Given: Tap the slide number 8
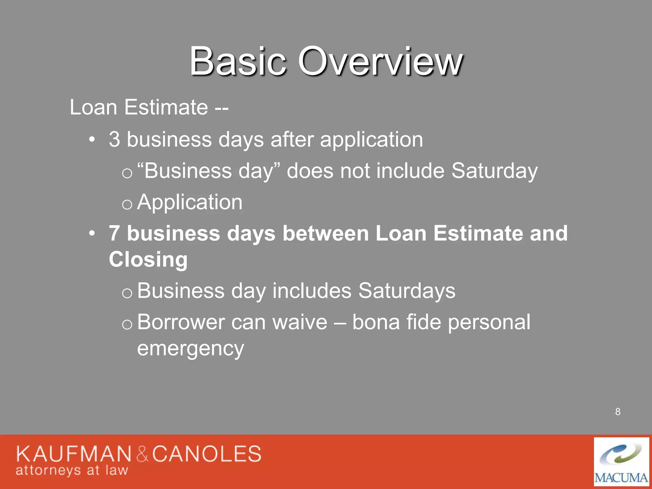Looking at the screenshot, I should [x=618, y=412].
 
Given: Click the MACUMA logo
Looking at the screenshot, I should [x=621, y=462].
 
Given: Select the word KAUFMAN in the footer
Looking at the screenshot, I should [x=74, y=454].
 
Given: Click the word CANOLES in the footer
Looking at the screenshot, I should [x=207, y=454].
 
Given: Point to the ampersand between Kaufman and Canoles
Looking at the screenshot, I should [x=142, y=455].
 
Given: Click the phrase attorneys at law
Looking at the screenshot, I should [x=72, y=470].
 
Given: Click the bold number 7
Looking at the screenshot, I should [x=115, y=233].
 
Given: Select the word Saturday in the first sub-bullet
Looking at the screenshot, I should [x=494, y=171].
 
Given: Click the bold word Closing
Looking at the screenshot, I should [x=148, y=259].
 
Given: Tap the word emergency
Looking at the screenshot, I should [x=190, y=348].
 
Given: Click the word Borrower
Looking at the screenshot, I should [x=181, y=322].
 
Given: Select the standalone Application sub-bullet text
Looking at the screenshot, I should [x=190, y=202].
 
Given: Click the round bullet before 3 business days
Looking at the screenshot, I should [x=92, y=139].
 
